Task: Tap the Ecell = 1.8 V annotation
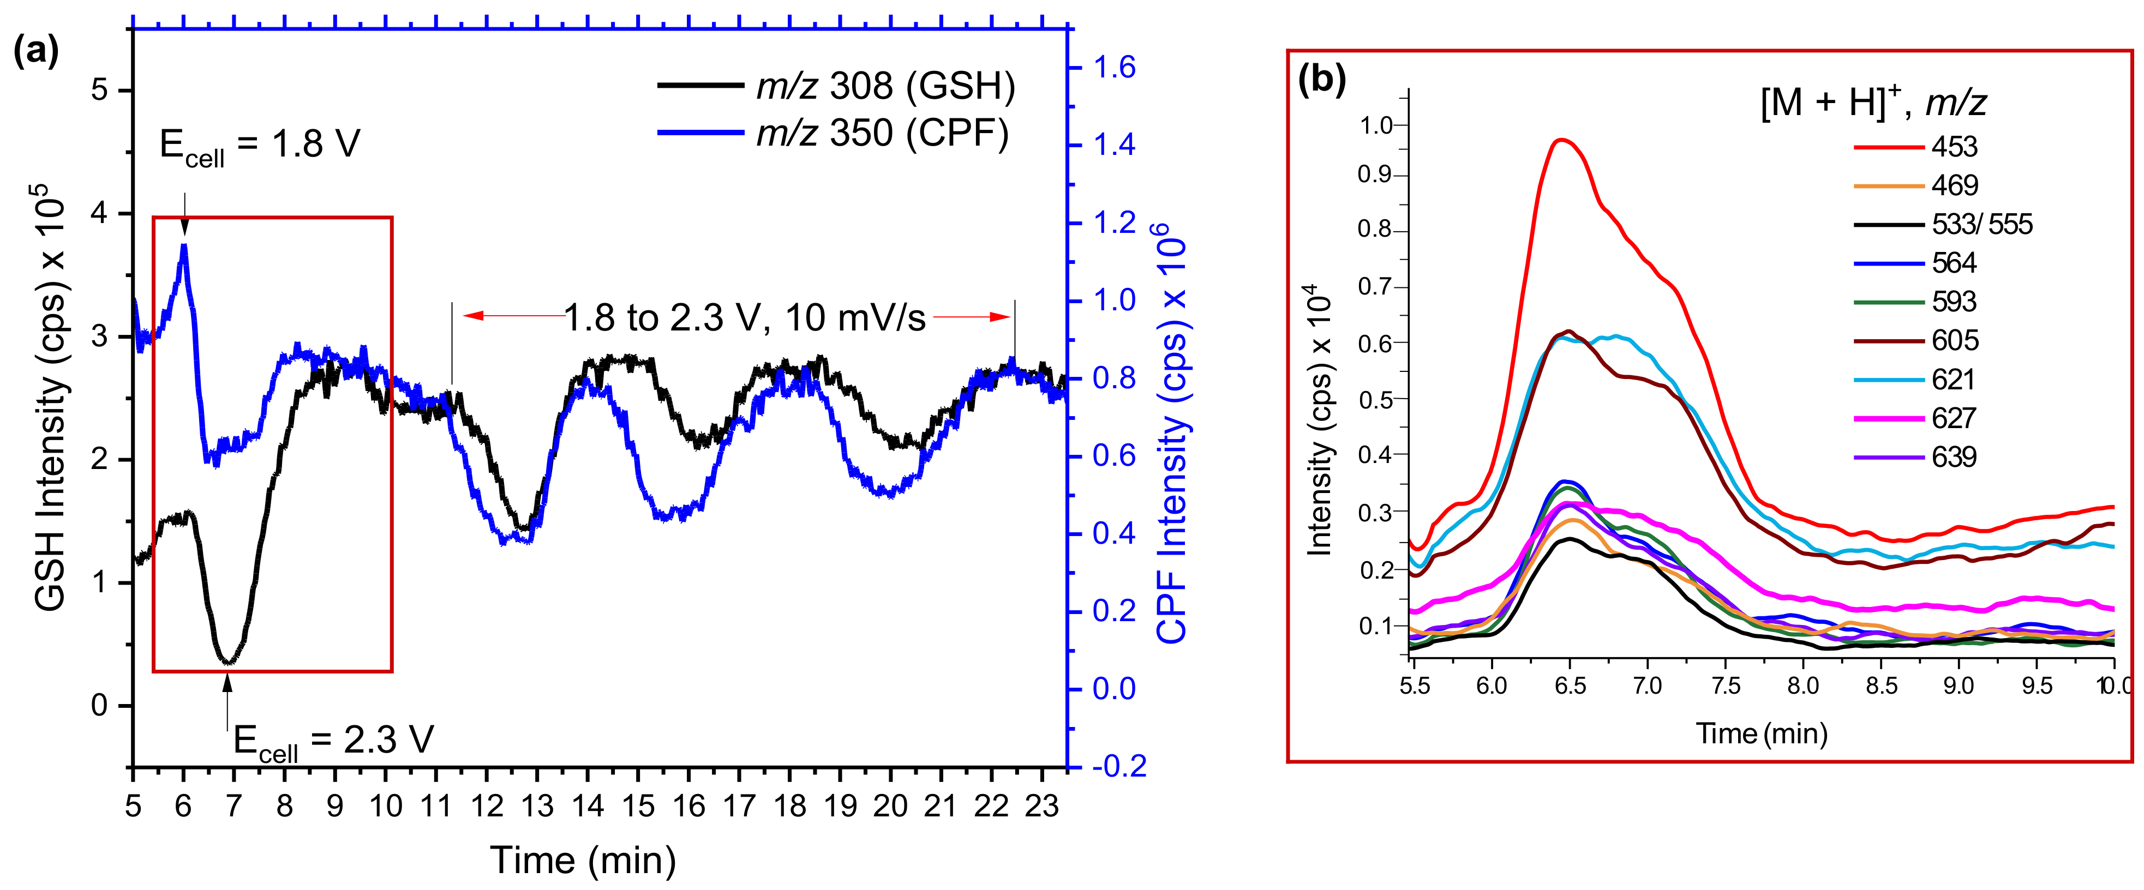coord(260,146)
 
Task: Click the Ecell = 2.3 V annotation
coord(333,740)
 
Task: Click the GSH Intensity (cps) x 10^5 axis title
coord(52,399)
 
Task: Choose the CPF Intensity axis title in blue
coord(1172,432)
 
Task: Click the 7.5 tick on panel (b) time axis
coord(1726,686)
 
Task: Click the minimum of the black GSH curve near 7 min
coord(228,662)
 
